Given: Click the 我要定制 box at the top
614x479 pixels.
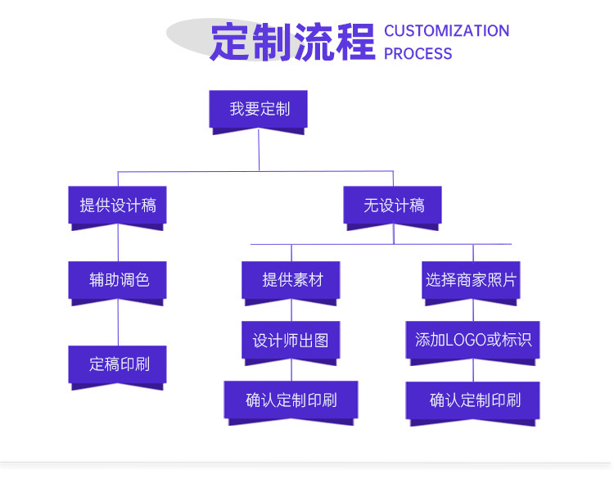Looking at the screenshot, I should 259,109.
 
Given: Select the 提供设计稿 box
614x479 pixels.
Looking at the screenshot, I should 117,206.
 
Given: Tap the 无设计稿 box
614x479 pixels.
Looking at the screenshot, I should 393,206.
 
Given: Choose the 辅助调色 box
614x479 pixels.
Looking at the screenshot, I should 117,280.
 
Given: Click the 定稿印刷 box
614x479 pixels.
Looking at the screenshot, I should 117,364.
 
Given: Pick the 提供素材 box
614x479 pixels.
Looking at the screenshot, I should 291,280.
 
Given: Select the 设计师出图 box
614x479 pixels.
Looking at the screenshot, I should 291,340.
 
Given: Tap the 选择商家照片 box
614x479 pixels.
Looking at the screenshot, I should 472,280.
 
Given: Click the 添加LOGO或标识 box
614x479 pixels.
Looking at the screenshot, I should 472,340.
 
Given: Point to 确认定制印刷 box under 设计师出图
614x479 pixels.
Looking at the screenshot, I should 291,400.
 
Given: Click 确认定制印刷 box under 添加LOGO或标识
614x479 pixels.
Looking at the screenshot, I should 472,400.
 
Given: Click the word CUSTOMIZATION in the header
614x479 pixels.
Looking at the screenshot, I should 446,31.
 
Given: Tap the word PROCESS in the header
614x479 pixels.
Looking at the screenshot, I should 418,54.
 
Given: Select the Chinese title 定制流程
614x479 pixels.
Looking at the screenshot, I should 292,41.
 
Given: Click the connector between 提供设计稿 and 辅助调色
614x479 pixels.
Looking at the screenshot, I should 117,244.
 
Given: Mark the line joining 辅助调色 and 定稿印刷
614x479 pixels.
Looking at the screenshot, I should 117,324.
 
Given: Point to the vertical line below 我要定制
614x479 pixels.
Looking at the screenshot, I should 259,151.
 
